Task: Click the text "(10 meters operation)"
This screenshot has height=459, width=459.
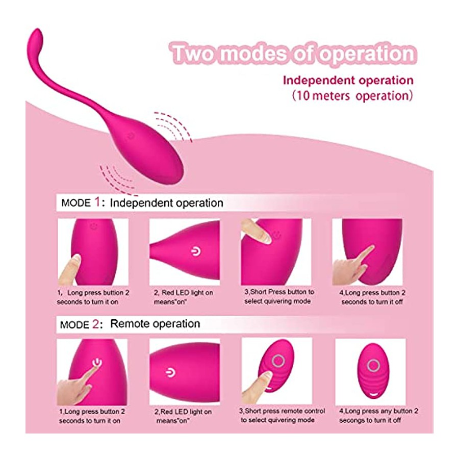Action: [352, 96]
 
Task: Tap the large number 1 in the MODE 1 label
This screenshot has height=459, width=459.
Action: [97, 202]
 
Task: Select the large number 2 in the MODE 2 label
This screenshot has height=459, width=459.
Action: [96, 324]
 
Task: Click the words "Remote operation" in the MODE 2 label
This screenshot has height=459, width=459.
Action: [155, 324]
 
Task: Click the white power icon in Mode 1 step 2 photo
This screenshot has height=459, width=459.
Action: [196, 251]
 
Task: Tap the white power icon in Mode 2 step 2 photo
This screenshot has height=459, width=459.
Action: [170, 372]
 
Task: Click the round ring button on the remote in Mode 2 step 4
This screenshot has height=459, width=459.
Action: [373, 365]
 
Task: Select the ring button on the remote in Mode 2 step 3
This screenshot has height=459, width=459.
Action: [278, 361]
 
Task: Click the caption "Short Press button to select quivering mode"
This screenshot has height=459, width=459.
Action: [279, 296]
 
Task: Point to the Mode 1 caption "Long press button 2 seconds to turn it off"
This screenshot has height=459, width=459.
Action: [372, 297]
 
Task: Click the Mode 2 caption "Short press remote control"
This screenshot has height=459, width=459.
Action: [282, 411]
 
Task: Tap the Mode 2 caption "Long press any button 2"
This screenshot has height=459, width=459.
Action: [378, 411]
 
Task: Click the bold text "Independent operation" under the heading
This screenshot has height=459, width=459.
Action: [348, 80]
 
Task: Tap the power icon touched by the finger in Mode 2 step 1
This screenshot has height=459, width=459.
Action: [96, 363]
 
